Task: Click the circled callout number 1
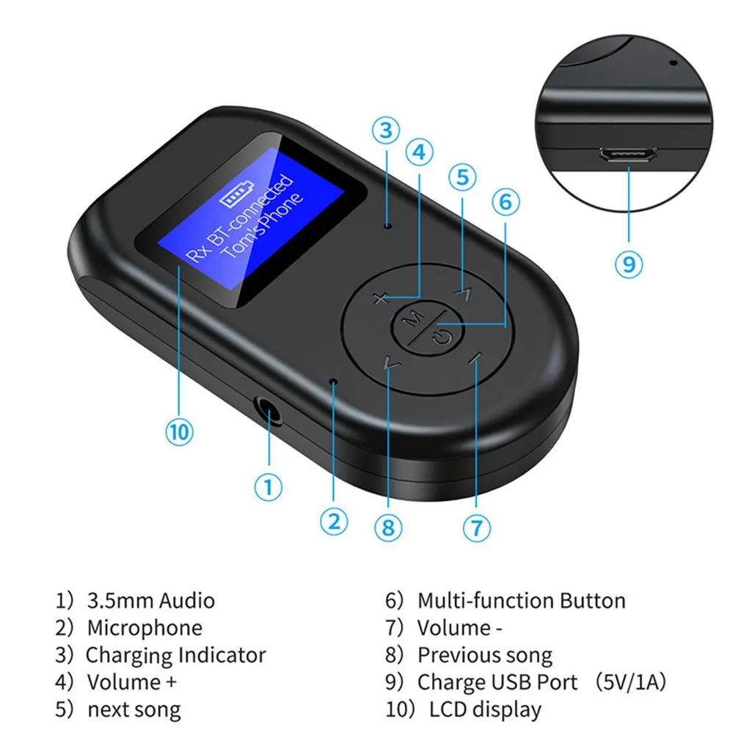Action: pos(269,486)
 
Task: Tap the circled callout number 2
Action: pos(334,522)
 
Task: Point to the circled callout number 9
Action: pos(628,263)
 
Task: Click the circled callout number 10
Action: pos(179,431)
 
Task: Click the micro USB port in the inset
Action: pos(629,156)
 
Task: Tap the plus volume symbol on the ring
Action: pos(379,298)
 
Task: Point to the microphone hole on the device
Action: pos(334,382)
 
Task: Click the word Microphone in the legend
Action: pos(145,628)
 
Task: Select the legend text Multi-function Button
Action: pos(521,601)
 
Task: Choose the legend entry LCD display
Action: pos(485,709)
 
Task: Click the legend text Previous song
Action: pos(484,655)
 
